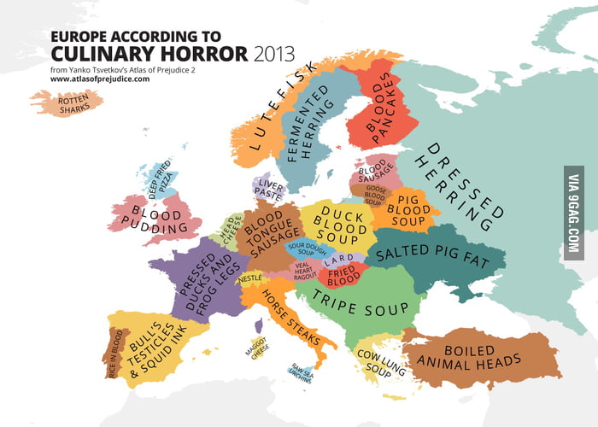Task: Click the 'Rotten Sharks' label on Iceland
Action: click(x=67, y=104)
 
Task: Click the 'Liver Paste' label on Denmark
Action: click(x=267, y=192)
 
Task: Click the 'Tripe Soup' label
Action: click(x=359, y=298)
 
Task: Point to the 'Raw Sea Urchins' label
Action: click(x=302, y=373)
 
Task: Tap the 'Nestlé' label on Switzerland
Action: click(x=249, y=278)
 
